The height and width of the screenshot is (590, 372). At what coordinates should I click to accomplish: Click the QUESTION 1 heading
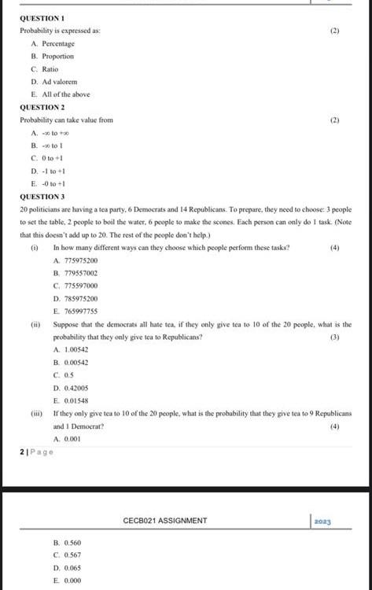coord(42,17)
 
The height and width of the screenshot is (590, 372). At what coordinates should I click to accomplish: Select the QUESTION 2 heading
coord(42,107)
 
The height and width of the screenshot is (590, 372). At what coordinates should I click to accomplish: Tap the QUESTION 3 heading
coord(42,197)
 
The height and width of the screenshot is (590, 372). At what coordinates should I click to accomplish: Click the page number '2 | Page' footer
coord(36,452)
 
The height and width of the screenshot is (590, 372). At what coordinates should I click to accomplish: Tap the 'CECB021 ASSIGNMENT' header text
coord(165,521)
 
